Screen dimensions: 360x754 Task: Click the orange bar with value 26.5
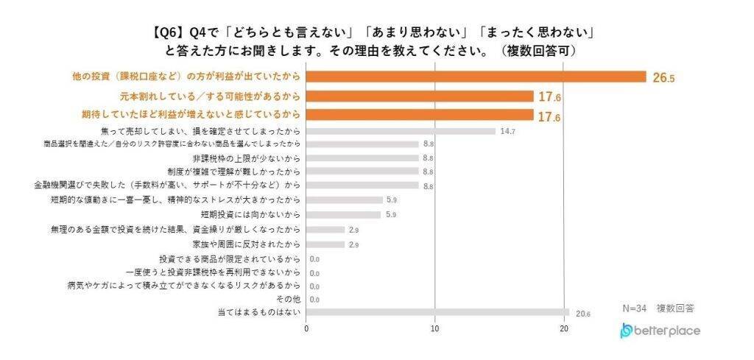coord(476,77)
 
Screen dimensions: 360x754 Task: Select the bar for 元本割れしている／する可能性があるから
coord(419,96)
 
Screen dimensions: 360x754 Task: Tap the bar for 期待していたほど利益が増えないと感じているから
coord(419,115)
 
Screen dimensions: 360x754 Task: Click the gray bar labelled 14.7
coord(401,132)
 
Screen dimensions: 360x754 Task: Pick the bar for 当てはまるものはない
coord(438,313)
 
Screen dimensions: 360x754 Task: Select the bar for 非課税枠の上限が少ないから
coord(362,158)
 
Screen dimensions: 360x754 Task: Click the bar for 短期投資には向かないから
coord(344,214)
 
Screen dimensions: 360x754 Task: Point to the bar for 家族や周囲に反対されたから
coord(325,244)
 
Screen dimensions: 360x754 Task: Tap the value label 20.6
coord(583,314)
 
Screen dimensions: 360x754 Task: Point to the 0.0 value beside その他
coord(314,300)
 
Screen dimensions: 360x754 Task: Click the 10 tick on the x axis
coord(435,329)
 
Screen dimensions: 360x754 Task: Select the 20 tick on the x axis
coord(564,329)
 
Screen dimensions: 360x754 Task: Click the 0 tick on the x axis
coord(306,329)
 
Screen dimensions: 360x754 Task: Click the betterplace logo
coord(660,331)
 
